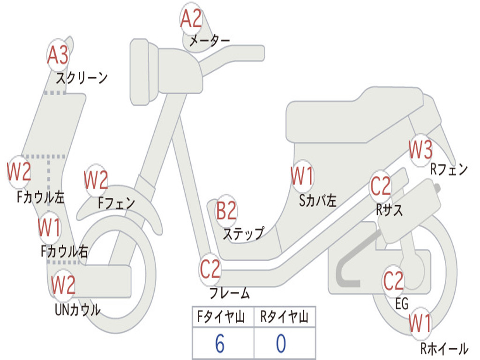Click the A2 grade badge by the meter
(x=191, y=18)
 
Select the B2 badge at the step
(x=226, y=210)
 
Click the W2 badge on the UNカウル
(x=63, y=285)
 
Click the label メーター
(x=210, y=40)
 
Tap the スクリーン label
(x=82, y=78)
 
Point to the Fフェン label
(x=117, y=202)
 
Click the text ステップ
(x=244, y=233)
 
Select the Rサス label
(x=390, y=210)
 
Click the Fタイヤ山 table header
(x=221, y=316)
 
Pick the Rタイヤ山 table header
(x=284, y=316)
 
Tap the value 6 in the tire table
(x=220, y=344)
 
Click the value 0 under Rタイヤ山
(x=281, y=344)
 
